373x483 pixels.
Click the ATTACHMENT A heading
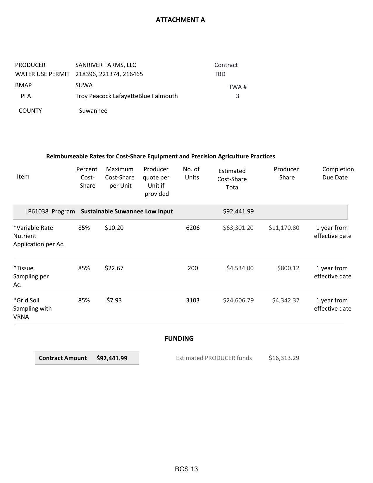180,20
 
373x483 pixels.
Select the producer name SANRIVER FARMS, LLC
106,65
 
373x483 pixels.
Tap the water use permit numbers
109,74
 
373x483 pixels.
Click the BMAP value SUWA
84,85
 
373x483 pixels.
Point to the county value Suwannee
93,111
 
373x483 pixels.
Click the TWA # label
238,87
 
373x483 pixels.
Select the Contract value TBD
220,74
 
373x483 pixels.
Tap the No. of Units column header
191,173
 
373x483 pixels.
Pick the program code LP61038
37,211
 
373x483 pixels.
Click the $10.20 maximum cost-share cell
114,228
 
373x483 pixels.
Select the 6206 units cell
192,228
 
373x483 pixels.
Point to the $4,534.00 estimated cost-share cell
240,268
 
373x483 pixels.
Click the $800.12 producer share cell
288,268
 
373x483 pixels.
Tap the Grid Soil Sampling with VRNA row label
32,309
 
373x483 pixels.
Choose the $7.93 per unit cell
114,300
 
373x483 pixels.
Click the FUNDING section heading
179,339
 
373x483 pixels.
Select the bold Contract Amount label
63,358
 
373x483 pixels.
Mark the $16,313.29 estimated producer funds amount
284,358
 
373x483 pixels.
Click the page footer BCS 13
186,469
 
